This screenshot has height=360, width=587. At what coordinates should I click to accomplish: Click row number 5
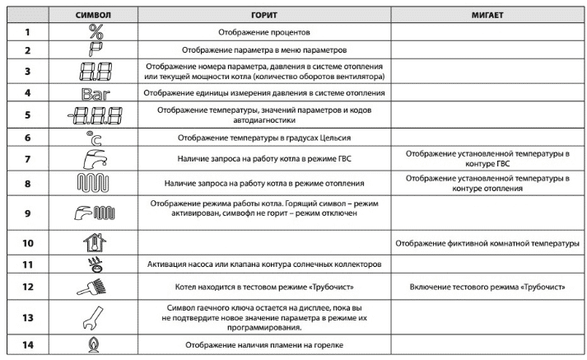point(26,115)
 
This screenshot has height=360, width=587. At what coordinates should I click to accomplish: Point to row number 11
point(26,264)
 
